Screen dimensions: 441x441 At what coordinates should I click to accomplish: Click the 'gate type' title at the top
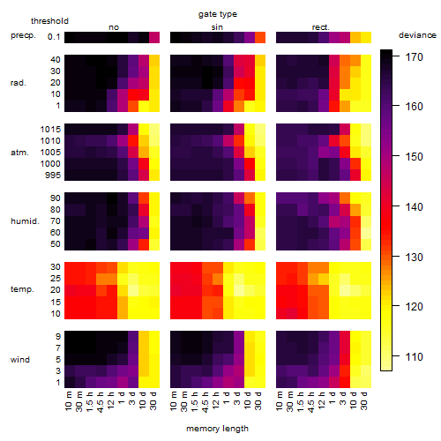218,14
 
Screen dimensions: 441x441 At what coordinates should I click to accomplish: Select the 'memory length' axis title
217,429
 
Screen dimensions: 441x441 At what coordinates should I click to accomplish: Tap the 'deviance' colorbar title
417,35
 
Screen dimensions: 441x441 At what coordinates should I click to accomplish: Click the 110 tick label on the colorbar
415,357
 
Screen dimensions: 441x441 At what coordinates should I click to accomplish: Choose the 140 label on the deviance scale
415,207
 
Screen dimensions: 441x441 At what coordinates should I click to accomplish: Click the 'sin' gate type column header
217,27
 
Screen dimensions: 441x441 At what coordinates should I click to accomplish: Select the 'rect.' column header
321,27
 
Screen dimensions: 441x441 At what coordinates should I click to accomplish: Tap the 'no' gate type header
114,27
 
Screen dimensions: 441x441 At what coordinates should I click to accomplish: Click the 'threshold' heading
49,21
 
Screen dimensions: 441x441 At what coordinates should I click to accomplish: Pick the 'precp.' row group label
23,35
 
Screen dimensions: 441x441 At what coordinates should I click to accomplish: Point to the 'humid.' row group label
25,221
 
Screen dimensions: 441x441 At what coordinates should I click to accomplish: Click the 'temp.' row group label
22,289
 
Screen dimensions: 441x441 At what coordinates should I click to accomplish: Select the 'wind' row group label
20,360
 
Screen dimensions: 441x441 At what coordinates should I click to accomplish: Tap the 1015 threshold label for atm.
50,130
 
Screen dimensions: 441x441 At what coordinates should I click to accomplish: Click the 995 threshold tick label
53,176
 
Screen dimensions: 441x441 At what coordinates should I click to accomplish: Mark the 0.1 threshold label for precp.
54,37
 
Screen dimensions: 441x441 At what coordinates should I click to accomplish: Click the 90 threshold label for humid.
56,198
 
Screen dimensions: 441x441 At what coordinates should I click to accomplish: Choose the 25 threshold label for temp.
56,279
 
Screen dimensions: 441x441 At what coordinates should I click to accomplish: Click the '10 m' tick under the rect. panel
280,401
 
